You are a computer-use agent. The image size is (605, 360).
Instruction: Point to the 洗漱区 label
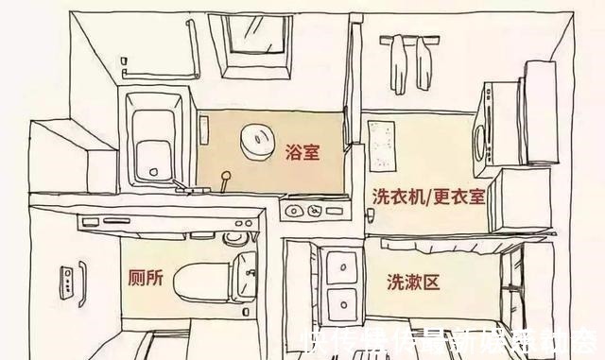point(410,282)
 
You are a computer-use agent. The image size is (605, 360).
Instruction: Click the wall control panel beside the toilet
point(67,280)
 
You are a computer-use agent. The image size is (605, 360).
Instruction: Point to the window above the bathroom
point(250,40)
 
